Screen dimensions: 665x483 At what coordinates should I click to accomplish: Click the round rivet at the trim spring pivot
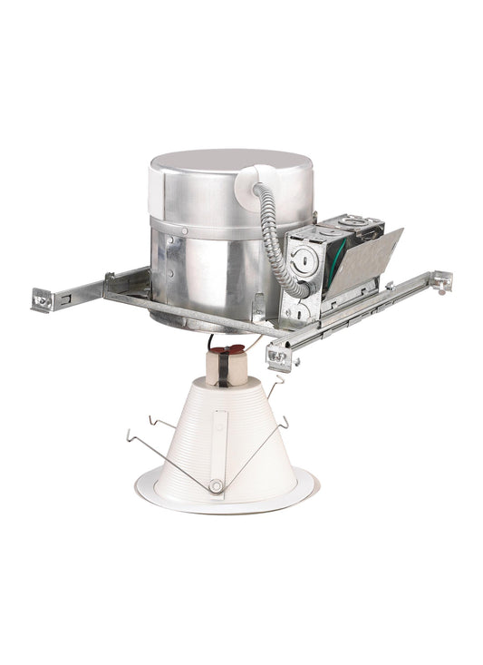point(216,487)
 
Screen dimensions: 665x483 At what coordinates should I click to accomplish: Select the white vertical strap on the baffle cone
point(219,445)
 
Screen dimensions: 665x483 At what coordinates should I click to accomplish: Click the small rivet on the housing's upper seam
point(185,230)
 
